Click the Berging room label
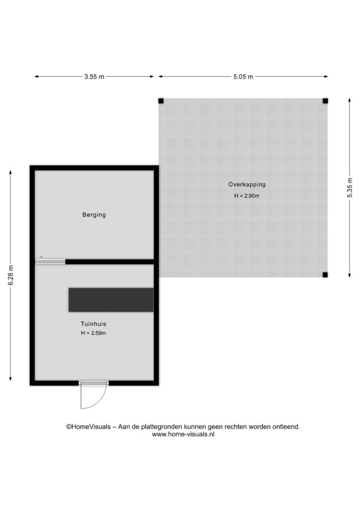point(94,215)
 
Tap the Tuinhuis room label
point(93,324)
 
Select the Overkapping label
point(247,184)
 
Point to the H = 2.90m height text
point(247,196)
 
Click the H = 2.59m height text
point(93,333)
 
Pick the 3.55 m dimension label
point(94,77)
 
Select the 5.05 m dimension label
point(243,77)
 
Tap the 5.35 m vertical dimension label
point(350,187)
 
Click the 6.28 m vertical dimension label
point(11,275)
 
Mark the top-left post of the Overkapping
point(161,101)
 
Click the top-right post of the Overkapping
point(325,101)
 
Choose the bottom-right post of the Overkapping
point(325,275)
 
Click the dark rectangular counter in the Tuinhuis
point(111,300)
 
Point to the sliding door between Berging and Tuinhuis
point(50,261)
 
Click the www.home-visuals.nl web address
point(183,434)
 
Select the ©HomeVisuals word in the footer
point(89,426)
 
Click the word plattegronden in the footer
point(162,427)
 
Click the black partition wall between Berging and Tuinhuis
point(110,261)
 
